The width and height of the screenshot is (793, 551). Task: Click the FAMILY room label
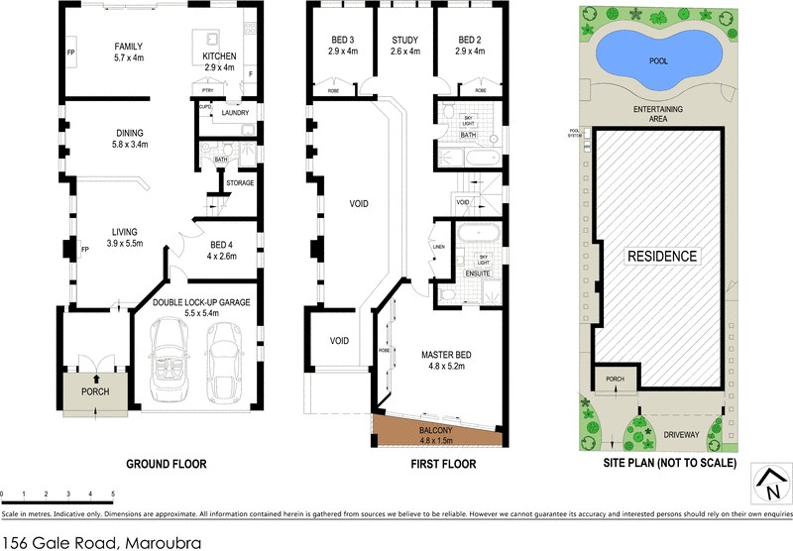click(129, 47)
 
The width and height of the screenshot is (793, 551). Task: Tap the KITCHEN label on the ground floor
click(218, 55)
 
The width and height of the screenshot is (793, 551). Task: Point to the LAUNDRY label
click(235, 114)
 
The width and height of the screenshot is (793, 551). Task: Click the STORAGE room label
click(240, 182)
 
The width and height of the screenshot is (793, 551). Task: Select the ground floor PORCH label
click(95, 391)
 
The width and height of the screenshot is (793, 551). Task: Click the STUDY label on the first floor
click(405, 40)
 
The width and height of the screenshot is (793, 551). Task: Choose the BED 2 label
click(470, 40)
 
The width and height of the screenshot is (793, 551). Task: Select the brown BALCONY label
click(435, 431)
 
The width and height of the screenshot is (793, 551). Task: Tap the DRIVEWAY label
click(681, 434)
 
